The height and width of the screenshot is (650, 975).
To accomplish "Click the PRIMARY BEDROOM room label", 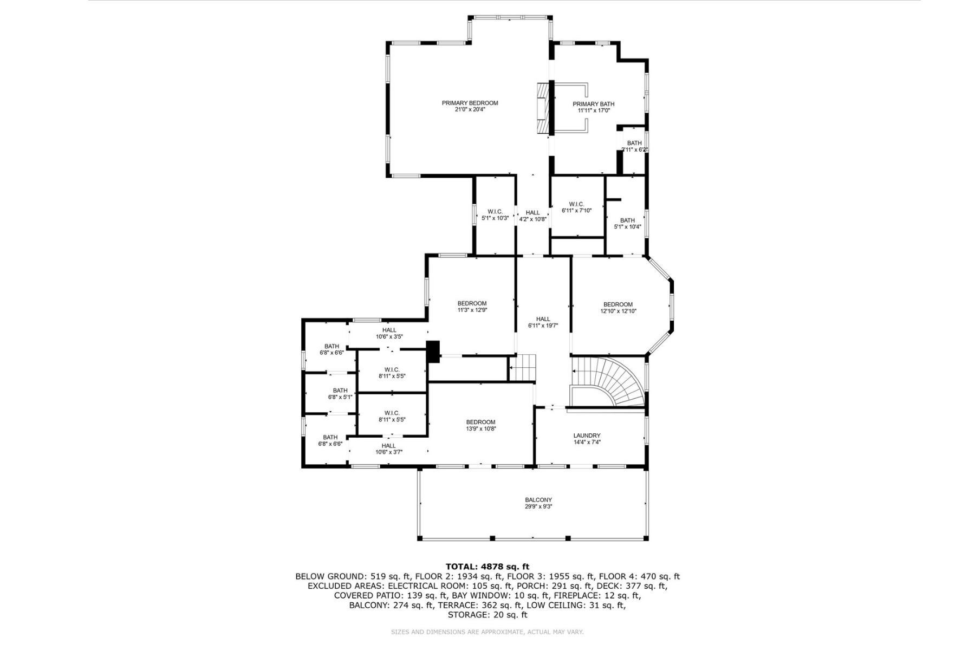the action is tap(470, 103).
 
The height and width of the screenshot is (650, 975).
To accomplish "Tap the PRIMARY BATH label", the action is tap(594, 104).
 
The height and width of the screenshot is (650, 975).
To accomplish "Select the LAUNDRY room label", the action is tap(587, 435).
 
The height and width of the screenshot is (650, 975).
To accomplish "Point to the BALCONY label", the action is tap(538, 500).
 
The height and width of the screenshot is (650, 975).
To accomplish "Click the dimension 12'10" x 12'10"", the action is tap(618, 311).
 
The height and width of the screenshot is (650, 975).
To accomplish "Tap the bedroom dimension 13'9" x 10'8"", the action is tap(480, 428).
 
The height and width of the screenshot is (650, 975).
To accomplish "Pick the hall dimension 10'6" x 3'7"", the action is tap(389, 452).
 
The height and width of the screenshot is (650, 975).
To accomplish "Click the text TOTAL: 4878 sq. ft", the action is tap(487, 567).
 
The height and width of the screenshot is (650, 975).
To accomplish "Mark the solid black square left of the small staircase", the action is tap(433, 352).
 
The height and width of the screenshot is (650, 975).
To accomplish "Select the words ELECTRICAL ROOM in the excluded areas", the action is tap(427, 586).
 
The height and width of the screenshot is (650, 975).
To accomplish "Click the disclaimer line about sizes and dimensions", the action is tap(487, 632).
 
